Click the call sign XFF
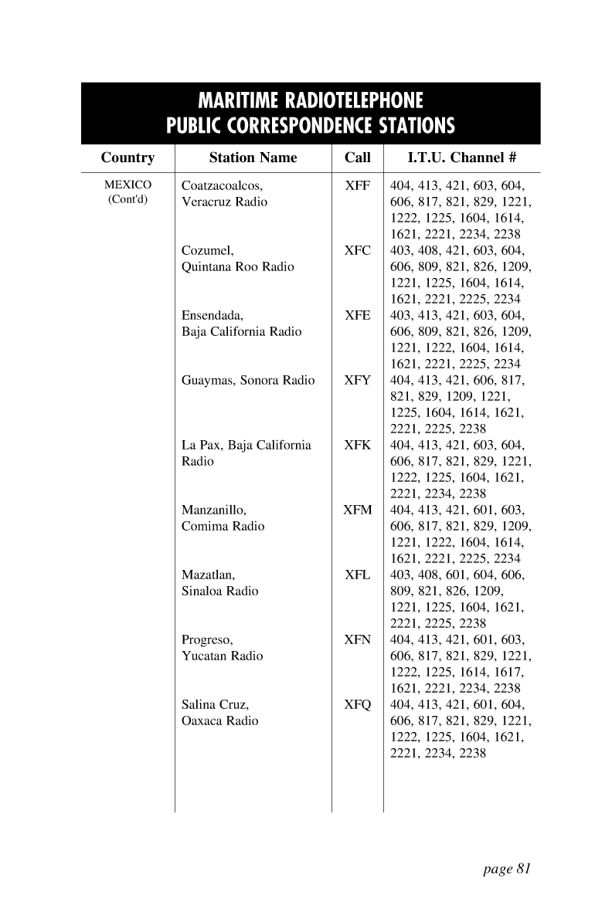(357, 185)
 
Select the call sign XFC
(357, 250)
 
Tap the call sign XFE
(357, 315)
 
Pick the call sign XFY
(357, 380)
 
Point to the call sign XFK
(357, 445)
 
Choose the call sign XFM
(357, 510)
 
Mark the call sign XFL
(357, 575)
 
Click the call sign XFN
(357, 639)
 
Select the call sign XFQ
(357, 704)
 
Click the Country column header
(127, 158)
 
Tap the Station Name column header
(253, 158)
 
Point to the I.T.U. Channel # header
(461, 158)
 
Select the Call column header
(357, 158)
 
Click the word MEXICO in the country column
(128, 185)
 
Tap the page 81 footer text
(507, 869)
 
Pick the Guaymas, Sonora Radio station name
(248, 380)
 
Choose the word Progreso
(206, 640)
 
